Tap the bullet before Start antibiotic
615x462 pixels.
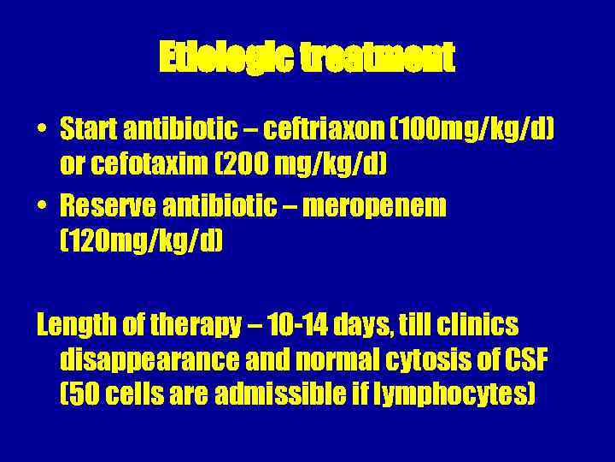click(x=42, y=130)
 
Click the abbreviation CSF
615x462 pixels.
click(x=525, y=360)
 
